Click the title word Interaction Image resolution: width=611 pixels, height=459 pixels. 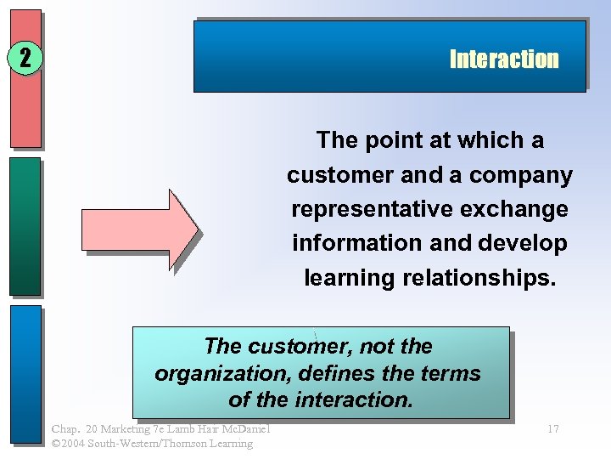coord(504,59)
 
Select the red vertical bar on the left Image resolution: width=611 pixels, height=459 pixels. coord(25,81)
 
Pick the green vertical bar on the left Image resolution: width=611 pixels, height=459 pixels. coord(25,226)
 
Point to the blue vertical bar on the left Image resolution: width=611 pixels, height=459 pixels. coord(25,374)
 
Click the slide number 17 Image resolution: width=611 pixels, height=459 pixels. coord(552,429)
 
